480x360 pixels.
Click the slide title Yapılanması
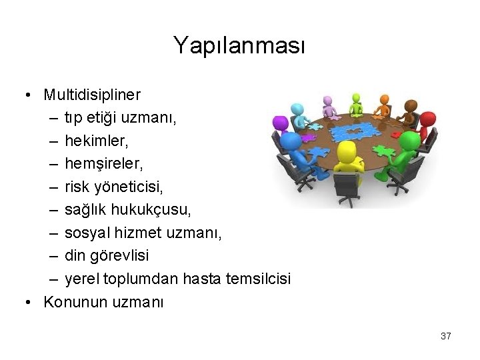(239, 45)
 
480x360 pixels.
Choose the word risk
(77, 186)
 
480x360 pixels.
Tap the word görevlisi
(120, 255)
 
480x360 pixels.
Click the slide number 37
(445, 336)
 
